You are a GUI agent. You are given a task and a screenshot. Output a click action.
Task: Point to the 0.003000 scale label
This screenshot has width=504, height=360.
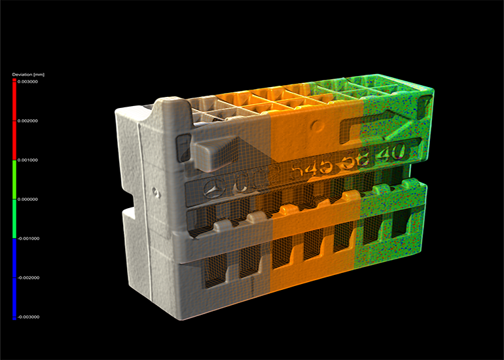[27, 82]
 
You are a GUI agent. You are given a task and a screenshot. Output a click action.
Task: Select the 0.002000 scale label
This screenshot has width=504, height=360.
[27, 121]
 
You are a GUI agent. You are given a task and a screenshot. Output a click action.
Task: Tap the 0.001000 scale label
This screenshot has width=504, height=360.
[27, 160]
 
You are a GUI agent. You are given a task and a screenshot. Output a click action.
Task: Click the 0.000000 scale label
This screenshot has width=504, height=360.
[27, 199]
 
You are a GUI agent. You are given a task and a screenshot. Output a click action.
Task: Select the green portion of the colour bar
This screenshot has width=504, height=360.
[14, 199]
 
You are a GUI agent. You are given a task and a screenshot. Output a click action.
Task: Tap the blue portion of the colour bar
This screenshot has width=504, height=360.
[14, 278]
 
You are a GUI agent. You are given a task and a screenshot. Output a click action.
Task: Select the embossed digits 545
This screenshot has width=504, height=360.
[310, 171]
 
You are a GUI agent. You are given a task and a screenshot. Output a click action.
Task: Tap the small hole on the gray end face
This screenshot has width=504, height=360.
[155, 192]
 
